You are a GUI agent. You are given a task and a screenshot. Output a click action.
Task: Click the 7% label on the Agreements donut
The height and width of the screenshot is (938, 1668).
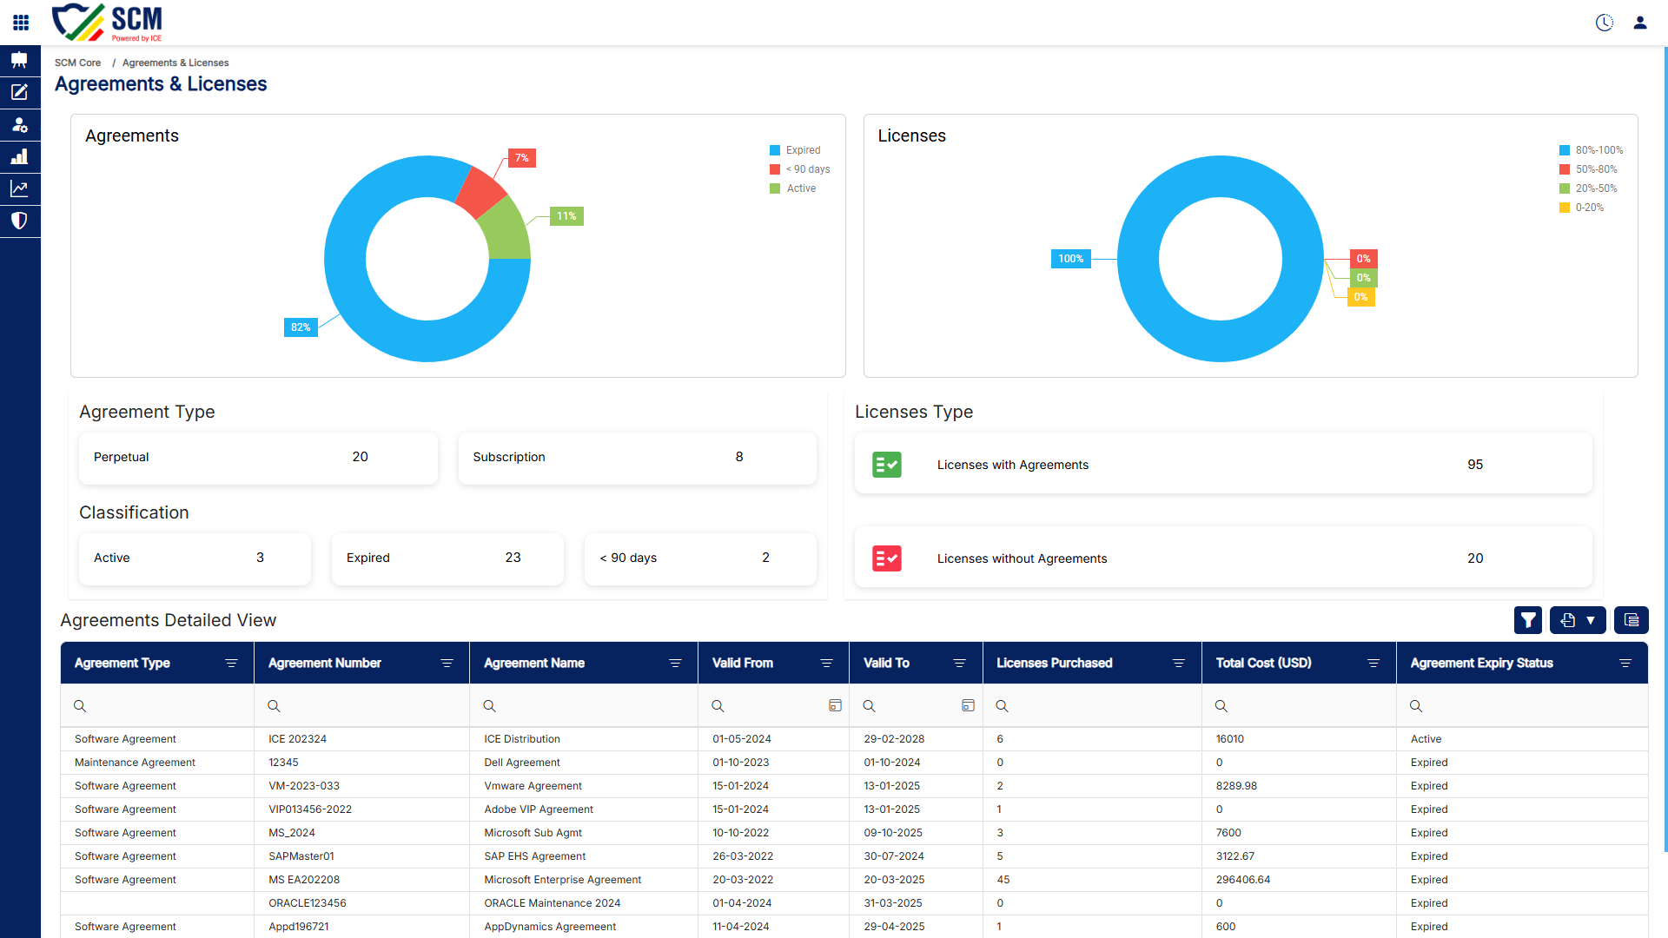(521, 158)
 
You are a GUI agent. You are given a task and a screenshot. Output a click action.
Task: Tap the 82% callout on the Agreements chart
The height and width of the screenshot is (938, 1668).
(301, 327)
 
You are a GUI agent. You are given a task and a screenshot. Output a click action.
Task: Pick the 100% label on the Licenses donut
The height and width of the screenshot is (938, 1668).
(1070, 259)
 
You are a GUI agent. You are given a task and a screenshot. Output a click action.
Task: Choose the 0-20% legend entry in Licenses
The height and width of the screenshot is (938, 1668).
(1581, 208)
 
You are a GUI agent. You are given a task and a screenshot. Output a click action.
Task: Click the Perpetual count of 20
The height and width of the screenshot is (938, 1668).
(360, 457)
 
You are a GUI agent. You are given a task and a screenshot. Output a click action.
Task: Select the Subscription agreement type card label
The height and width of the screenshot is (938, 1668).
(509, 457)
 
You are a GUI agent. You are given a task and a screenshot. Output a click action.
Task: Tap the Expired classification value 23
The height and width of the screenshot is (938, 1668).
(513, 558)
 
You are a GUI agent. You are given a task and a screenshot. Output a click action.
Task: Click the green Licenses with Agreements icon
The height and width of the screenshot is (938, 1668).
(887, 465)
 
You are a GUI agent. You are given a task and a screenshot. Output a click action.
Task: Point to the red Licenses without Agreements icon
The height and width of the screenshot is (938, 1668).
(887, 558)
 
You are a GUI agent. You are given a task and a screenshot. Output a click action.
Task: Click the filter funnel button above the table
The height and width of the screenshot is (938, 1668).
(1528, 620)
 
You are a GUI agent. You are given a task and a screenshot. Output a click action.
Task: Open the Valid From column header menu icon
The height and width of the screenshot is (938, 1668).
(827, 664)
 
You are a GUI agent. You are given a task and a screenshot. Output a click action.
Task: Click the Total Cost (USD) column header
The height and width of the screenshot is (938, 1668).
(1263, 663)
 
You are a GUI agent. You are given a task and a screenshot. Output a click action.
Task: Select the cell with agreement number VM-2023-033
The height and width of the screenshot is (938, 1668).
(304, 786)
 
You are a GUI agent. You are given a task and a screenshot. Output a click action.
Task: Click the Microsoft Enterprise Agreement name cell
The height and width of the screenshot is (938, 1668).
(562, 880)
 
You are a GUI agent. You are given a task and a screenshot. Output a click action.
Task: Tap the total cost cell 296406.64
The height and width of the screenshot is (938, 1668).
(1242, 880)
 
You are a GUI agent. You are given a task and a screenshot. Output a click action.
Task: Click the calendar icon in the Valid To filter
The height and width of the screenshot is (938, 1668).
(968, 706)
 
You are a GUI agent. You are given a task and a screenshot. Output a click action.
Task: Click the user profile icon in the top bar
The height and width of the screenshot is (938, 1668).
(1640, 23)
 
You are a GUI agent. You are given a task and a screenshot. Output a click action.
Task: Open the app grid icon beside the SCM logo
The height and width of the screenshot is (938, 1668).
(21, 23)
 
